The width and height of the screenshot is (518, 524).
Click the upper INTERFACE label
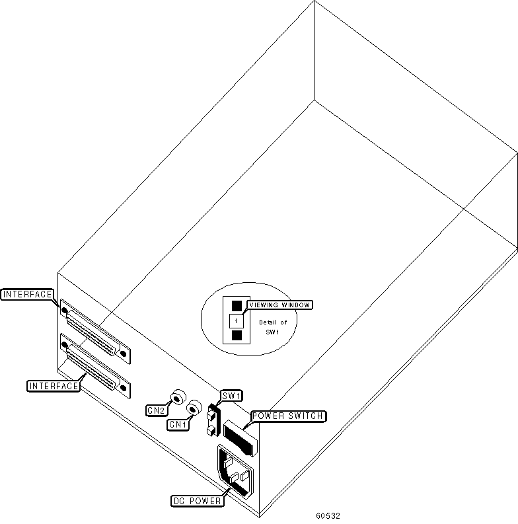(x=28, y=295)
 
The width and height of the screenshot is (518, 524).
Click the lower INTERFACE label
(x=53, y=385)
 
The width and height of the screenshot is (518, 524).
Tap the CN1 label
(x=177, y=424)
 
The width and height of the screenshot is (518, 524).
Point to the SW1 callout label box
(x=231, y=396)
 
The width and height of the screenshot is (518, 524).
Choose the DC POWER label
(x=197, y=500)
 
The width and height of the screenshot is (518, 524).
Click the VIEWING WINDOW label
(x=279, y=305)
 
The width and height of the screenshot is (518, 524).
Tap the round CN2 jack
(x=177, y=398)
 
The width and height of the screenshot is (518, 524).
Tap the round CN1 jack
(x=194, y=408)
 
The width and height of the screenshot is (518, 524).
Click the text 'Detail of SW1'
(x=273, y=327)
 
